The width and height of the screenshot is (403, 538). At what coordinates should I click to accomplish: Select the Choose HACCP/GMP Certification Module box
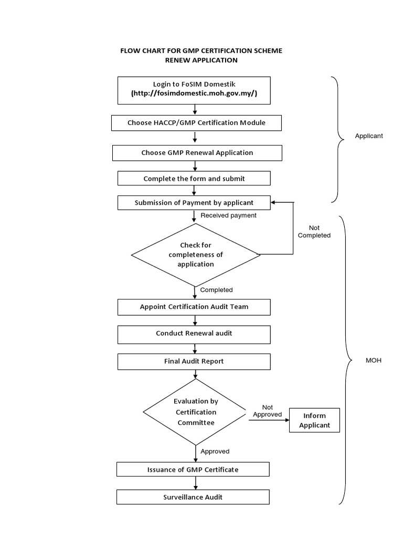point(197,123)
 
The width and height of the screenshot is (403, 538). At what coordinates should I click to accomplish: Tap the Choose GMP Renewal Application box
point(197,153)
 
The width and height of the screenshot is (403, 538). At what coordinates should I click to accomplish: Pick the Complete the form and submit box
point(194,179)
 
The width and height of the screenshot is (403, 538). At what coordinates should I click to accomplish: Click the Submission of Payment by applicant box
point(194,202)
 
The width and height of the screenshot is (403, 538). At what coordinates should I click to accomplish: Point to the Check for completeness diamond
point(196,255)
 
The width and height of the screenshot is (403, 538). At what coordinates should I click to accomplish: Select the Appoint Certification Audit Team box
point(194,307)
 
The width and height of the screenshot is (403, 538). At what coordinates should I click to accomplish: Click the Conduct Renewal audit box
point(194,333)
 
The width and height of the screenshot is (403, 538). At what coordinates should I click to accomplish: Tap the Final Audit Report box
point(194,361)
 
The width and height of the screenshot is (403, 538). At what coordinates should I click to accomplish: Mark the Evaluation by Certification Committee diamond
point(196,412)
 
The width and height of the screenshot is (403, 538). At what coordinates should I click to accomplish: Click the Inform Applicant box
point(314,420)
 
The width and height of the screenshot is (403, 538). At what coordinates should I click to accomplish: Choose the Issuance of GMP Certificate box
point(193,469)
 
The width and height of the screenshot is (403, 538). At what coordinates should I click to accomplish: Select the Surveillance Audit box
point(193,496)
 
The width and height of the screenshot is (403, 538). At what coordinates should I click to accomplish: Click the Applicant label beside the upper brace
point(369,136)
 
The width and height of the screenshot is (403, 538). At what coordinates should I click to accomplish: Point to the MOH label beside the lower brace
point(373,360)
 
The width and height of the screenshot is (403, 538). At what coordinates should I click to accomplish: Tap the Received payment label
point(229,215)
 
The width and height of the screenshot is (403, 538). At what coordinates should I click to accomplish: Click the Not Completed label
point(314,232)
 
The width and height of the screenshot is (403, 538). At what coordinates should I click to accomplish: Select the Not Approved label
point(267,411)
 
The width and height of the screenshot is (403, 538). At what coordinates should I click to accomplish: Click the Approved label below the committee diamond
point(215,451)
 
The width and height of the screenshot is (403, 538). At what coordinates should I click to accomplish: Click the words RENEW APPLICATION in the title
point(201,60)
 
